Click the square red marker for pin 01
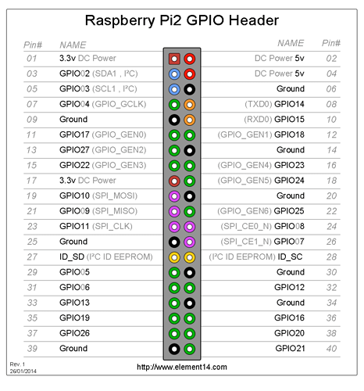click(174, 59)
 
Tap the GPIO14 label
click(289, 104)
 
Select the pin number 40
click(331, 349)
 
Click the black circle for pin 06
click(190, 89)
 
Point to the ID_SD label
click(72, 257)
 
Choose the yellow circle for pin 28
click(190, 257)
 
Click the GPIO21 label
click(290, 349)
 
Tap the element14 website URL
click(182, 367)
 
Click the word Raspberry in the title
click(120, 21)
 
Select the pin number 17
click(31, 181)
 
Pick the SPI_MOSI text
click(115, 195)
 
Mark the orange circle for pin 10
click(190, 120)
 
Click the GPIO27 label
click(74, 150)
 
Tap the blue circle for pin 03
click(174, 74)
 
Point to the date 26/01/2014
click(23, 371)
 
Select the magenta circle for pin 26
click(190, 242)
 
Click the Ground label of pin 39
click(73, 349)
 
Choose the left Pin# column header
click(33, 45)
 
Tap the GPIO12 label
click(289, 287)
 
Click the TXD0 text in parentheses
click(259, 104)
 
